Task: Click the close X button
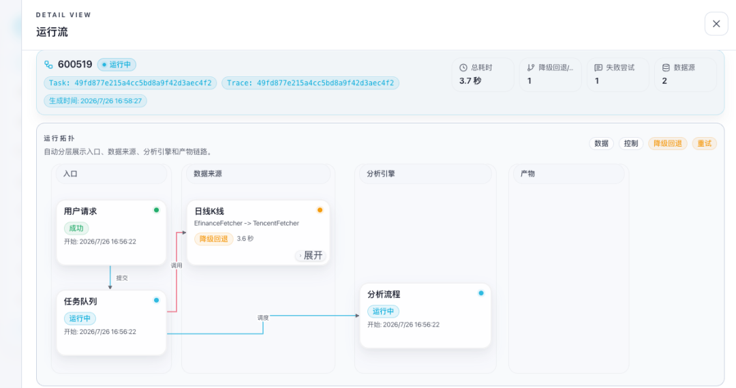(x=716, y=23)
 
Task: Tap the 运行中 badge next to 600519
(x=117, y=64)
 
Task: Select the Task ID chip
(x=130, y=83)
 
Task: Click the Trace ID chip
(x=310, y=83)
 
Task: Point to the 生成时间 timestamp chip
(x=95, y=101)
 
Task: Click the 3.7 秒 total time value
(x=470, y=80)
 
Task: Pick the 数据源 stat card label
(x=684, y=68)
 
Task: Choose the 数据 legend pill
(x=601, y=144)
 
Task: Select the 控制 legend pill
(x=631, y=144)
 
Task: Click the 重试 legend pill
(x=704, y=144)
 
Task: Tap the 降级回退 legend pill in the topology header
(x=667, y=144)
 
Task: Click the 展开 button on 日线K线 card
(x=311, y=256)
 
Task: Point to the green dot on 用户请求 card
(x=156, y=210)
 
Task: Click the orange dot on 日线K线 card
(x=320, y=210)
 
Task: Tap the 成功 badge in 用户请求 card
(x=76, y=228)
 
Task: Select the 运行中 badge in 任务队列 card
(x=80, y=318)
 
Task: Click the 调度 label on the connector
(x=263, y=318)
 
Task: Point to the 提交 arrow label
(x=122, y=278)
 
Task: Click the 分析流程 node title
(x=384, y=295)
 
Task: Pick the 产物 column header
(x=527, y=174)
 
